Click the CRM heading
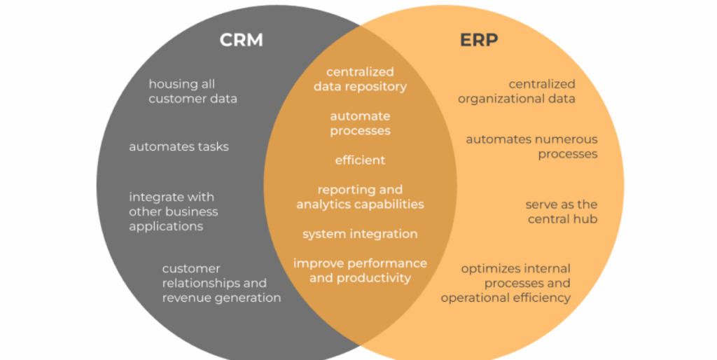[242, 40]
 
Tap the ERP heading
[479, 40]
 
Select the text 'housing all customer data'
[193, 91]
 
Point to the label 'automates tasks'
[179, 146]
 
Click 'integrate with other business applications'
[174, 212]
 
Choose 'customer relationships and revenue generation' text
[222, 283]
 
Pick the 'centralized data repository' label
[361, 79]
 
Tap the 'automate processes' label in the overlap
[361, 123]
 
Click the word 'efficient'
[361, 160]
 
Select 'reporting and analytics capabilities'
[361, 197]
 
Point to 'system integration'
[361, 234]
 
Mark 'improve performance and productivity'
[361, 270]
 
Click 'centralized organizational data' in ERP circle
[517, 91]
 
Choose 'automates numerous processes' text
[532, 146]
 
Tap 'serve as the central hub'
[562, 212]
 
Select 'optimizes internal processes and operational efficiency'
[506, 283]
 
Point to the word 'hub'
[587, 219]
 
